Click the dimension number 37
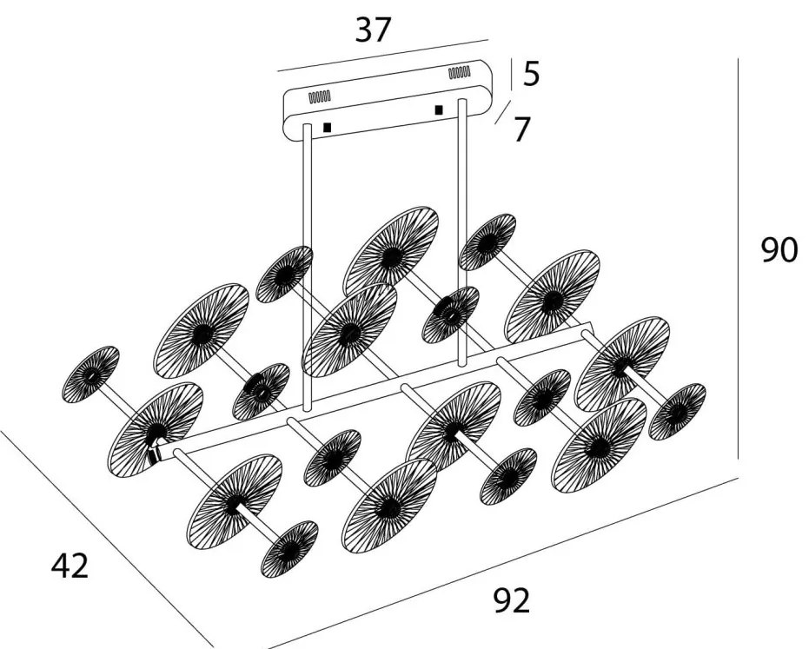(374, 30)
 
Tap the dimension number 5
(532, 74)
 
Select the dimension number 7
(521, 129)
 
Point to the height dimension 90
(779, 250)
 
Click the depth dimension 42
(70, 566)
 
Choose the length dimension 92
(511, 600)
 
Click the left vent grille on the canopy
(321, 96)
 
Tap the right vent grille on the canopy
(460, 73)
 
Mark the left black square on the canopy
(327, 127)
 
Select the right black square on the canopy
(439, 109)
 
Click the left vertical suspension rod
(307, 261)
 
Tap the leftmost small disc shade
(91, 374)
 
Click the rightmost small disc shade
(677, 411)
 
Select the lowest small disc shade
(289, 549)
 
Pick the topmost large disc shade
(390, 252)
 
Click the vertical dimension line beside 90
(739, 261)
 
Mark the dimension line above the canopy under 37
(382, 55)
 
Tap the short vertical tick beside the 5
(513, 74)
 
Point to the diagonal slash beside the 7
(501, 113)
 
